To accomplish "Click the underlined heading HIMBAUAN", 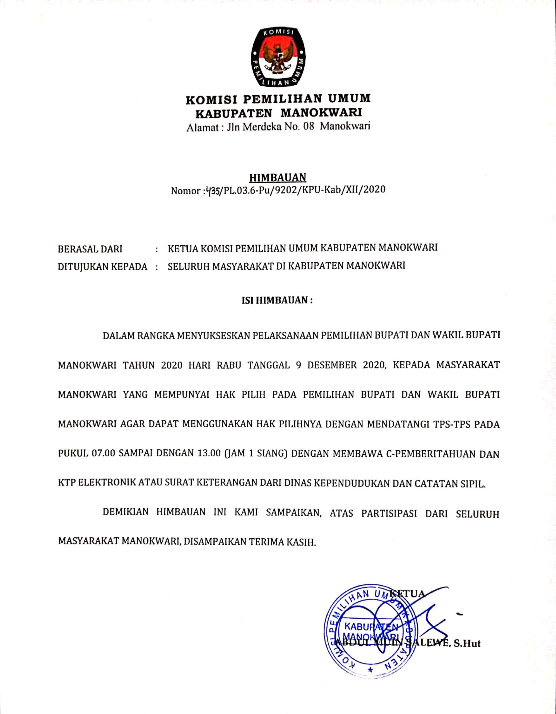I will pos(278,177).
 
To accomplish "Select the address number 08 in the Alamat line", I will pos(309,126).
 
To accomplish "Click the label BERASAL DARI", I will pos(90,249).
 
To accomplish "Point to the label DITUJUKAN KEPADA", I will pos(103,267).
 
